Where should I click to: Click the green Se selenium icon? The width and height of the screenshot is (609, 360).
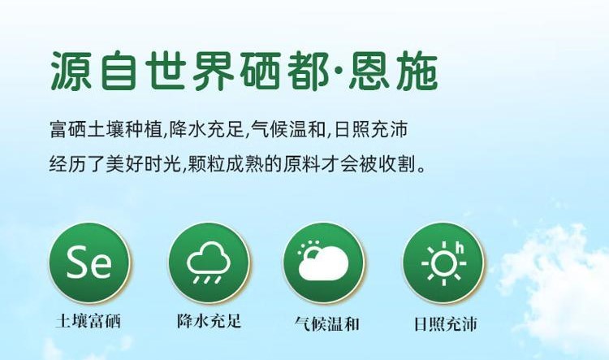coord(89,262)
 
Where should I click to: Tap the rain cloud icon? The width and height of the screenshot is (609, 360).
coord(209,262)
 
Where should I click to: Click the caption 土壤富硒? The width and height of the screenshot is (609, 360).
coord(89,321)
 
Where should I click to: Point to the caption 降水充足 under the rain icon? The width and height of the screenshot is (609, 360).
coord(209,321)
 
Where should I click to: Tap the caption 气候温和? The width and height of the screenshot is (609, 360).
coord(326,323)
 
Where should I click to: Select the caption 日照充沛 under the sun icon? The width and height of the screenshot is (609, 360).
coord(445,324)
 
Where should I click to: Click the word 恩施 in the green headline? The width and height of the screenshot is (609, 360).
coord(393,72)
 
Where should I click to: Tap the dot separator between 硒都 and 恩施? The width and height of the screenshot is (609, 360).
coord(340,72)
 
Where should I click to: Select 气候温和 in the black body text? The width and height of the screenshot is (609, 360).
coord(288,129)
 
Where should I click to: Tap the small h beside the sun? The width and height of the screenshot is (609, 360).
coord(460,247)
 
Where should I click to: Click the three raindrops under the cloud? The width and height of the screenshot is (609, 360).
coord(208,279)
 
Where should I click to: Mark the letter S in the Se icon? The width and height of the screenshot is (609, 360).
coord(77,262)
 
